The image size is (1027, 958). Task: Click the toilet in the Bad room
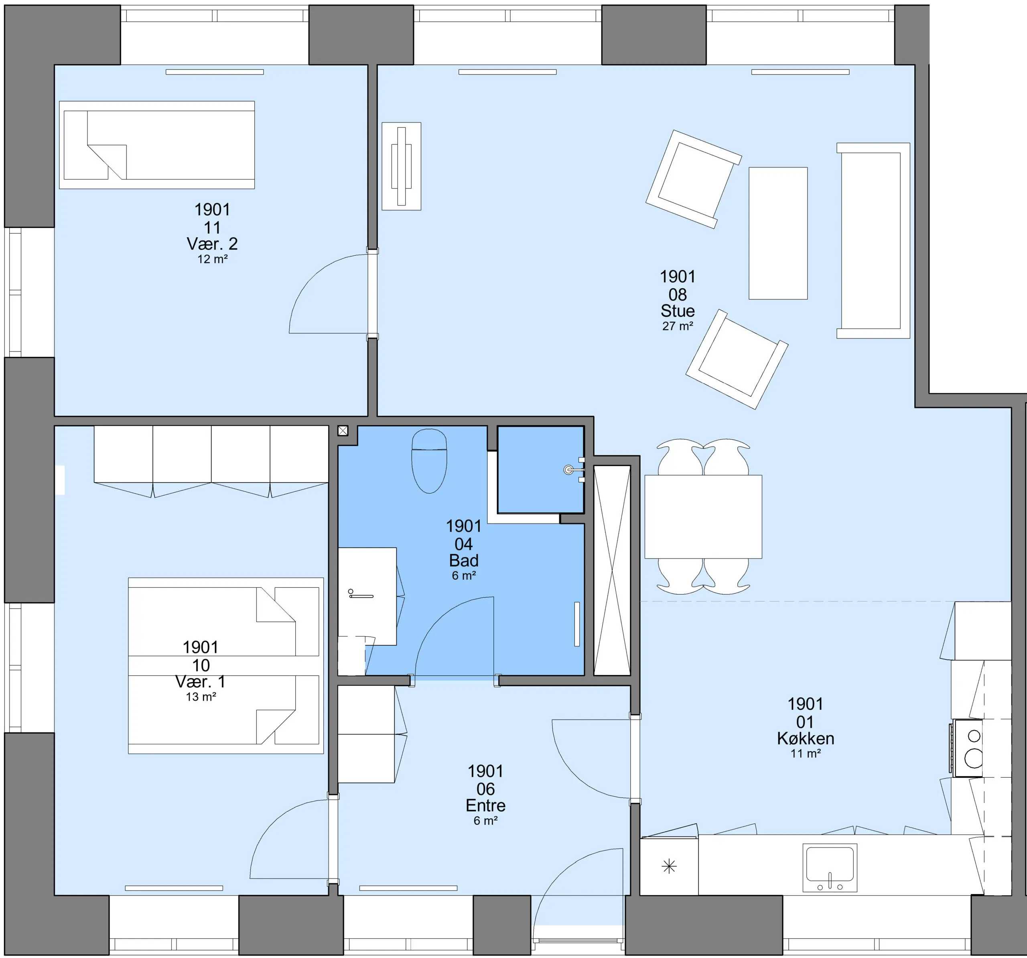tap(429, 461)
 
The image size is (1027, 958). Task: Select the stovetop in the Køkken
tap(968, 748)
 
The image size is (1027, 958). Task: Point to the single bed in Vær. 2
tap(157, 145)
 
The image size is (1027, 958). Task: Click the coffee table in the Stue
tap(778, 233)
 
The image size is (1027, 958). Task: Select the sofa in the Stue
tap(873, 241)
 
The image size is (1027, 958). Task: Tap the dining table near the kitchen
tap(703, 516)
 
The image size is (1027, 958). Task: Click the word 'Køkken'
tap(806, 738)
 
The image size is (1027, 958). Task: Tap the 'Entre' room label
tap(485, 805)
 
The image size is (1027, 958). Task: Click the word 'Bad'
tap(464, 561)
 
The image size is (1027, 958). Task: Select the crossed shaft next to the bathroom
tap(612, 570)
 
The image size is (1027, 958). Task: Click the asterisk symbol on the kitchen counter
tap(669, 866)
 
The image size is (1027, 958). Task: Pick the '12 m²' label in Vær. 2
tap(212, 259)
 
